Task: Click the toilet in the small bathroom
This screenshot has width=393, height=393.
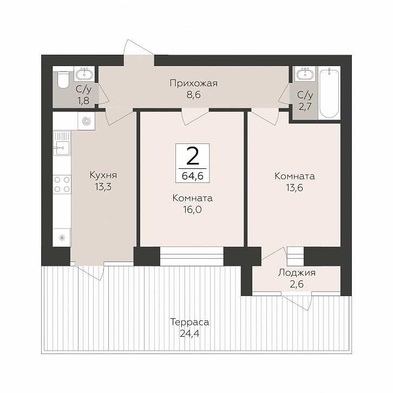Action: click(x=63, y=80)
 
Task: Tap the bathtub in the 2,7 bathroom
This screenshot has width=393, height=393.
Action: click(x=329, y=93)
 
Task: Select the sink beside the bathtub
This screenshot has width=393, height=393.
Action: click(x=305, y=74)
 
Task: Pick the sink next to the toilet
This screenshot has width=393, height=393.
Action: click(x=84, y=74)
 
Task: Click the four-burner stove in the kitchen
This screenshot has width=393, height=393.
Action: click(x=62, y=184)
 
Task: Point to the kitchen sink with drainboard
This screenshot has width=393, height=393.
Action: click(x=62, y=143)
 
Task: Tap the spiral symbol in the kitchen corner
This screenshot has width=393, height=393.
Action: click(x=86, y=121)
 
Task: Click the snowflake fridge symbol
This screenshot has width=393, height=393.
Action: click(x=62, y=238)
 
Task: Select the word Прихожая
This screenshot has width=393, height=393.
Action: click(x=193, y=83)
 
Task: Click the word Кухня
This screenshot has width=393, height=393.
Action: click(x=103, y=175)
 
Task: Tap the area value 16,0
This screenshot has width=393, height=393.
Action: click(x=192, y=209)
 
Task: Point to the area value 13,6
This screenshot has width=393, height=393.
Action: click(x=294, y=187)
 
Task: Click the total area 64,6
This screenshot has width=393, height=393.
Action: click(x=192, y=176)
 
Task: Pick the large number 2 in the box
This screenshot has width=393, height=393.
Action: click(x=193, y=155)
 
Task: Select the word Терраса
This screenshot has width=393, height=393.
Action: click(x=189, y=322)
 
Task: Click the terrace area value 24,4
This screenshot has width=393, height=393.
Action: click(x=189, y=333)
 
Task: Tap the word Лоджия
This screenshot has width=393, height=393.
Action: click(x=297, y=273)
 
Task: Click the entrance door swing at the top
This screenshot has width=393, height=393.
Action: click(x=138, y=47)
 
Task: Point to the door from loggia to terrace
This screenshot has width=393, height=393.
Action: click(x=298, y=302)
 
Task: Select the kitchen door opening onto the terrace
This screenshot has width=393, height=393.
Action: click(x=89, y=271)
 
